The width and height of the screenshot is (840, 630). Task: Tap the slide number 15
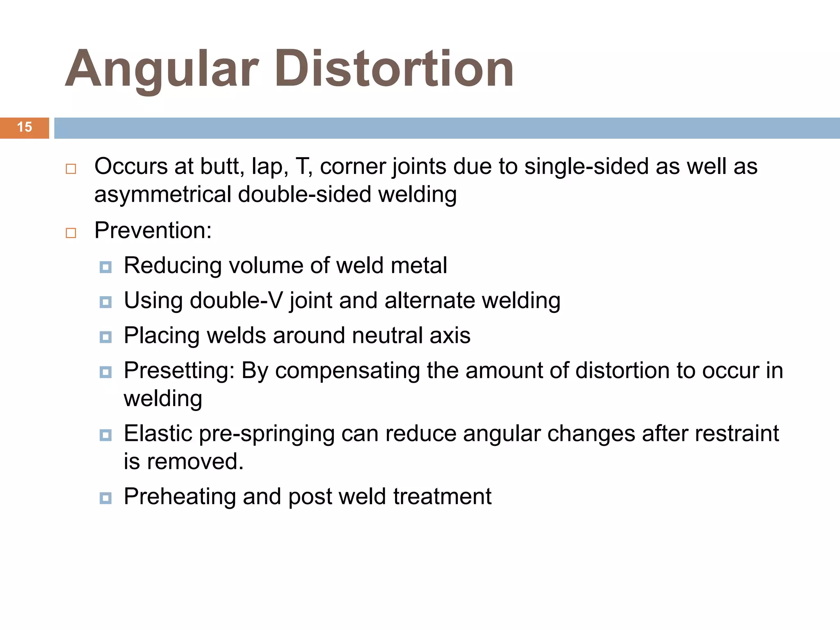click(25, 127)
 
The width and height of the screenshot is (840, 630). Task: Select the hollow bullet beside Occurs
click(71, 169)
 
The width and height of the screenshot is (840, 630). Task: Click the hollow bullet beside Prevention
click(71, 233)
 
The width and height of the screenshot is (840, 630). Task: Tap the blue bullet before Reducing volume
click(106, 267)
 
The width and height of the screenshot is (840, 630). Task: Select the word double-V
click(236, 300)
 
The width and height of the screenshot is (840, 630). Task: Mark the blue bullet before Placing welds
click(106, 338)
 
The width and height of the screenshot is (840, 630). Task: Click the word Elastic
click(158, 434)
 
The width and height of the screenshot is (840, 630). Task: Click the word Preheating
click(180, 497)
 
